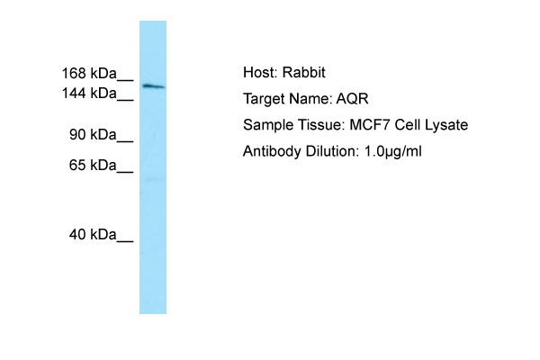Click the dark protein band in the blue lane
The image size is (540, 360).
coord(154,86)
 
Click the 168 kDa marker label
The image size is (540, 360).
coord(89,74)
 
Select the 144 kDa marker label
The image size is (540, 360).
coord(89,94)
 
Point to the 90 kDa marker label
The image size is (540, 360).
coord(93,134)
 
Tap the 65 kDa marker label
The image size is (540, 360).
coord(93,166)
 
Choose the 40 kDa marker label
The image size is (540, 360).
coord(93,235)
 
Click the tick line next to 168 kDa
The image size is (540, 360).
coord(125,80)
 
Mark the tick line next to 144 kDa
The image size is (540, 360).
coord(125,100)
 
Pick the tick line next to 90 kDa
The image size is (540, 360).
coord(125,141)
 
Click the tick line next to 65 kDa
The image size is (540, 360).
coord(125,172)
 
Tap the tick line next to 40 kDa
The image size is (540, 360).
coord(125,241)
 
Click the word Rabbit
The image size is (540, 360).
coord(304,73)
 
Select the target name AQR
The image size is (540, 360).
coord(352,99)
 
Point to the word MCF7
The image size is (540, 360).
coord(370,125)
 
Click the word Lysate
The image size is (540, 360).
coord(446,125)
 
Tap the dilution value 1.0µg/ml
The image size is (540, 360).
coord(393,152)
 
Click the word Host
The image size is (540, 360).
coord(260,73)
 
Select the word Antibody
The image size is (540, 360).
coord(272,152)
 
